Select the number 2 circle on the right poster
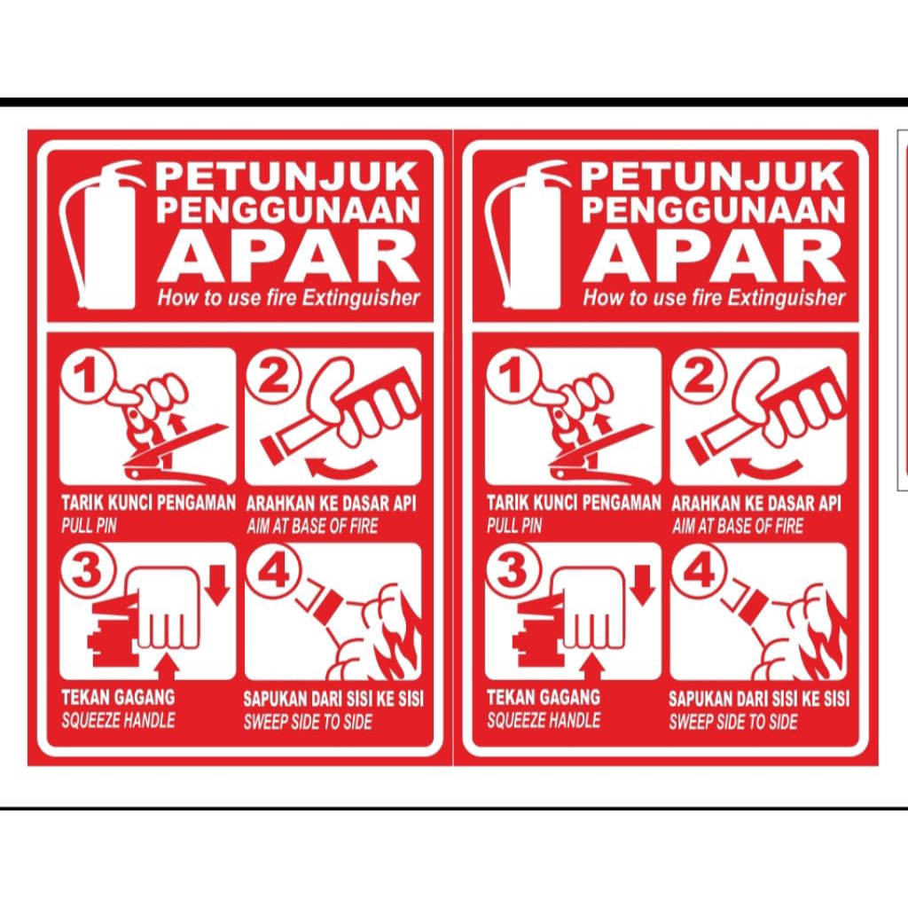point(699,379)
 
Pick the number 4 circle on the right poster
point(698,572)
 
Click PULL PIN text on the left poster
point(89,526)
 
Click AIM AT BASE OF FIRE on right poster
point(737,527)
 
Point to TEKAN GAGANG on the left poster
point(118,697)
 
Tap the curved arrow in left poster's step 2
point(341,466)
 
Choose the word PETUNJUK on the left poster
point(286,176)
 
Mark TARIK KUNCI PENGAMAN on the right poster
point(574,504)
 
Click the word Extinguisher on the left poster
point(360,298)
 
